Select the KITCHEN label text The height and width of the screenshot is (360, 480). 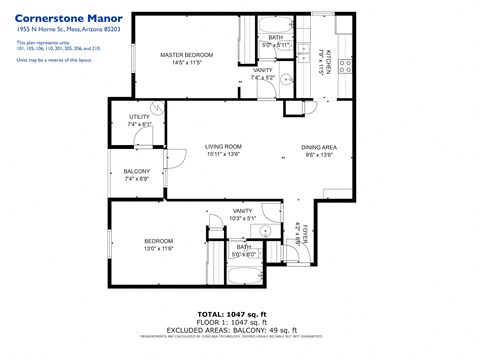[x=327, y=65]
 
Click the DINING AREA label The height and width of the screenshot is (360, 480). [x=319, y=148]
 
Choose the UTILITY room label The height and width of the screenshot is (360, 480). [x=139, y=117]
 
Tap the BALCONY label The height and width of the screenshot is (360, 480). [x=136, y=171]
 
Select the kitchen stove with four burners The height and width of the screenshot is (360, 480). [x=346, y=67]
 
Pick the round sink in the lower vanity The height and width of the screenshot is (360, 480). [x=266, y=228]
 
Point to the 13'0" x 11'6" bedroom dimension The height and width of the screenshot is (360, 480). [x=160, y=248]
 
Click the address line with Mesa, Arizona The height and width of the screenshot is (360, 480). [x=68, y=30]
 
